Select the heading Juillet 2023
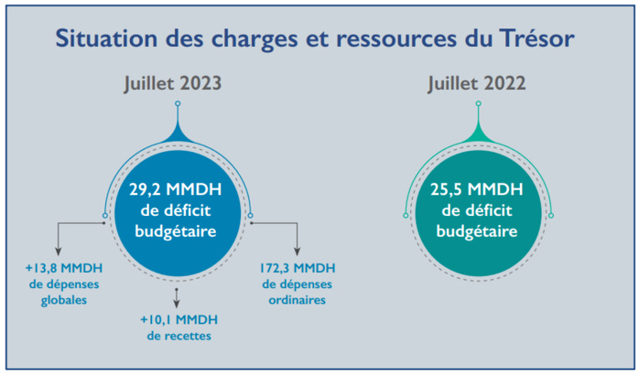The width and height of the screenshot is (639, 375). coord(174,83)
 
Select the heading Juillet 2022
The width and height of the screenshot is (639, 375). coord(476,83)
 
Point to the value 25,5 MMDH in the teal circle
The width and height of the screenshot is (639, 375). coord(476,191)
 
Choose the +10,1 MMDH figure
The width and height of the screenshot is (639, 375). coord(179,319)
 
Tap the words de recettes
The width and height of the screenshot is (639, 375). coord(179,336)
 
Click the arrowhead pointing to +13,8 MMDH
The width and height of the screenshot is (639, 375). coord(60,251)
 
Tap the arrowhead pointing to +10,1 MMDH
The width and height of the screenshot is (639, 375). coord(176,302)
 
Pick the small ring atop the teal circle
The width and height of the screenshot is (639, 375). coord(477,104)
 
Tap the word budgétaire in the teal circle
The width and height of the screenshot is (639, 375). coord(476,231)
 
